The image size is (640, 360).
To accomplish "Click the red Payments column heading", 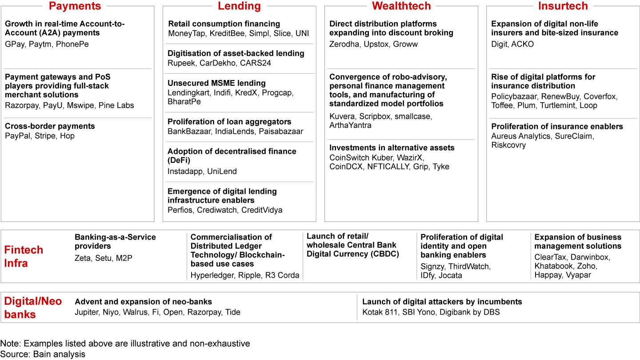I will [x=75, y=6].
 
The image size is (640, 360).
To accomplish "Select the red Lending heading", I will [x=239, y=6].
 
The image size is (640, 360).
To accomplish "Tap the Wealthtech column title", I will [x=401, y=6].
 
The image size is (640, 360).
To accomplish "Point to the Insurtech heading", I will [x=563, y=6].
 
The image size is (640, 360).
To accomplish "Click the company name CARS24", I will [x=256, y=63].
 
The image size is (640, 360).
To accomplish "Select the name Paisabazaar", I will [x=282, y=132].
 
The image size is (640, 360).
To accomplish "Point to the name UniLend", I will [x=222, y=172].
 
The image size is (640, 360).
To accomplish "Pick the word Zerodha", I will [x=344, y=44].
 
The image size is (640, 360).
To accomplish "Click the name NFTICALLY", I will [x=388, y=167].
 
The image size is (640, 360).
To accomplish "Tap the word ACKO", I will [x=523, y=44].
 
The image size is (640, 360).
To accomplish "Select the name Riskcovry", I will [x=508, y=145].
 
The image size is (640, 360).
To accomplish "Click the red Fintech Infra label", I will [x=24, y=256].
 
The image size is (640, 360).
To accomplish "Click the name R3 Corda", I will [x=283, y=276].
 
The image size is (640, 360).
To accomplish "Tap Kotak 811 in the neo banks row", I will [x=380, y=312].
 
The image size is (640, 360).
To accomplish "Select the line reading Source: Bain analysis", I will [x=43, y=354].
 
